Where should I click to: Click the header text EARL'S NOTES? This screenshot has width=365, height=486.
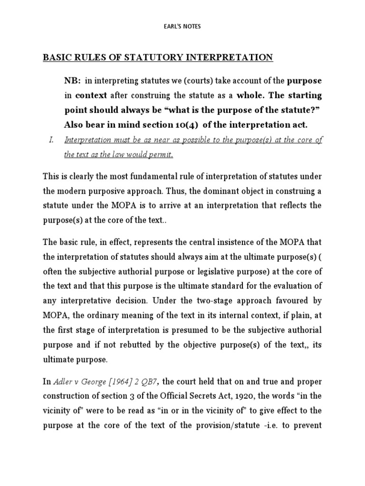coord(182,27)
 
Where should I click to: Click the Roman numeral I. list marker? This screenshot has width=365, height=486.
coord(51,140)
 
